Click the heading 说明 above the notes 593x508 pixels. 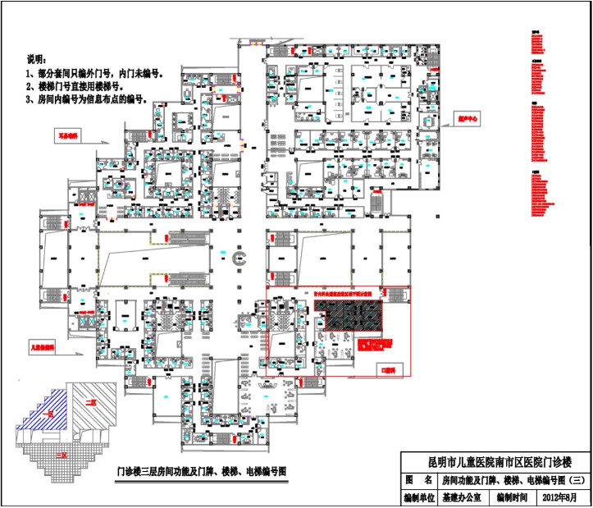[38, 60]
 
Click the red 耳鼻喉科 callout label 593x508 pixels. [66, 133]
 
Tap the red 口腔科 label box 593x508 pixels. [387, 370]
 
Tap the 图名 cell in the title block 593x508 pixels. [417, 479]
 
